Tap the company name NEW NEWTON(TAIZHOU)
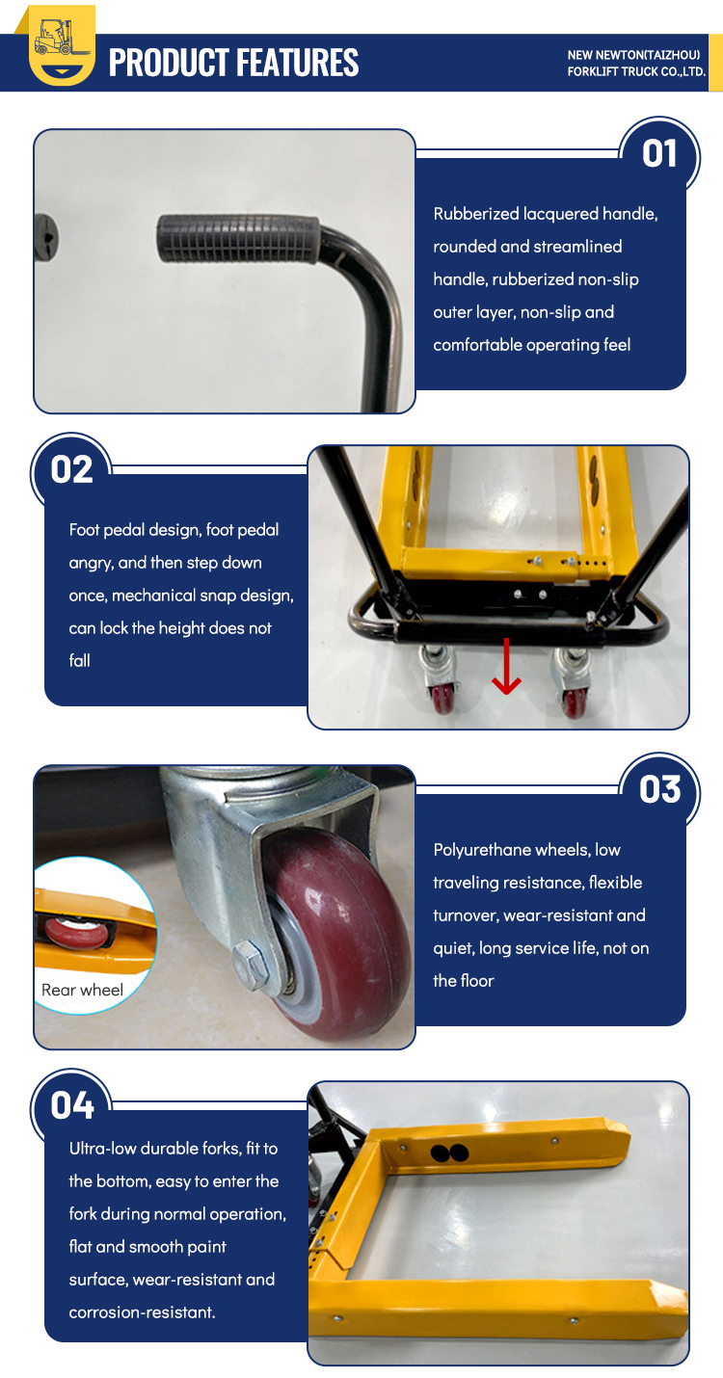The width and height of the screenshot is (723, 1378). pos(633,55)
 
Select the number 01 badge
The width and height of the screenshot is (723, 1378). pos(659,154)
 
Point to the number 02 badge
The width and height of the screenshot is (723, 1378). pos(71,469)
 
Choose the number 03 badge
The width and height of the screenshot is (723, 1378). pos(659,789)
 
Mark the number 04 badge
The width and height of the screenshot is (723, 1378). pos(72,1105)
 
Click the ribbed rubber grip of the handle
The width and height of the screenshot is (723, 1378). pos(237,239)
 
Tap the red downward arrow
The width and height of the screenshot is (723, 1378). pos(506,666)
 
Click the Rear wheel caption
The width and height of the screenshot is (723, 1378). pos(82,990)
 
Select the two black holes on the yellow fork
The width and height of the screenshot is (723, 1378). pos(450,1153)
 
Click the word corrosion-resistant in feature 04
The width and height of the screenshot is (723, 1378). pos(142,1312)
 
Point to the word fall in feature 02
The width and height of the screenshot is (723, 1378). pos(79,661)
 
